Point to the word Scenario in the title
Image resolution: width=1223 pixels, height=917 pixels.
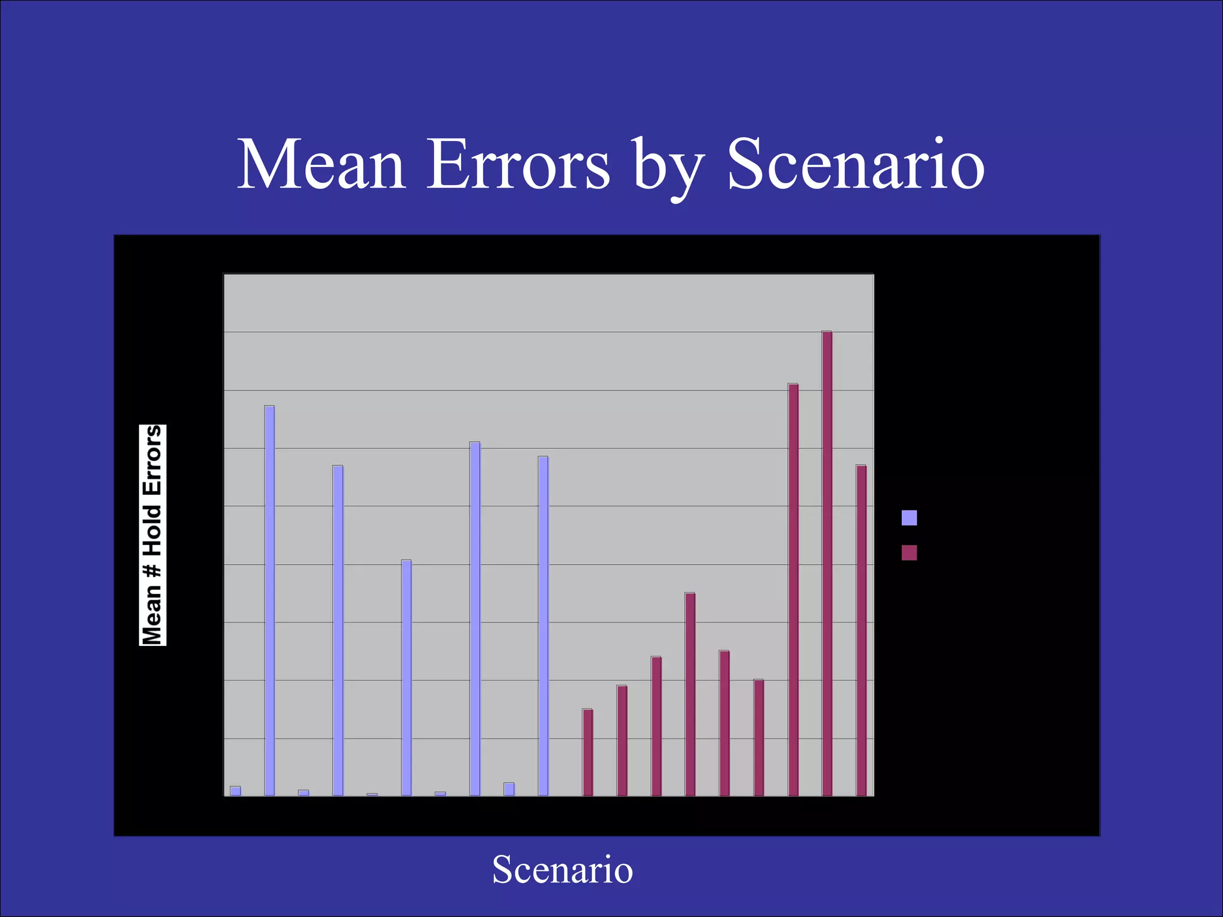click(855, 165)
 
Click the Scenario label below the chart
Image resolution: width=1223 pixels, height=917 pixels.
click(562, 870)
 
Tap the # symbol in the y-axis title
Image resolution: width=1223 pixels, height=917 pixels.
click(153, 570)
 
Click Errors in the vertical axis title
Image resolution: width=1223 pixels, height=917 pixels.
click(153, 460)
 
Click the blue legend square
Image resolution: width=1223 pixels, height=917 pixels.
click(909, 518)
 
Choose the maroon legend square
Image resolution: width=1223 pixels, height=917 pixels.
click(909, 553)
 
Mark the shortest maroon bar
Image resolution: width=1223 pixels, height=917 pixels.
click(588, 752)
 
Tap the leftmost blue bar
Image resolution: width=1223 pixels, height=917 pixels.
click(235, 791)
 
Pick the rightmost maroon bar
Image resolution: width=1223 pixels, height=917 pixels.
click(861, 630)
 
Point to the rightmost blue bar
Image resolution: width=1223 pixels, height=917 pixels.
click(543, 626)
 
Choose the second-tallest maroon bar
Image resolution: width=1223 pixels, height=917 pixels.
click(793, 589)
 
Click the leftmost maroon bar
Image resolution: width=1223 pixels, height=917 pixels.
click(588, 752)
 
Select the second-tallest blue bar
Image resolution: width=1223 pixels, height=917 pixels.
click(475, 618)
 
